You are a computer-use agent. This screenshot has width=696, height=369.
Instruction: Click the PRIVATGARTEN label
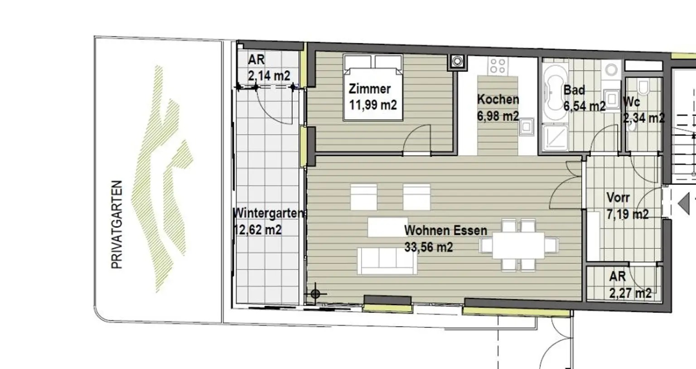pos(117,225)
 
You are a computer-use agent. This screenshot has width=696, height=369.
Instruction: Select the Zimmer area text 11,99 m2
pos(372,105)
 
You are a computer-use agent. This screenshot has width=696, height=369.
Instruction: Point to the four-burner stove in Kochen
pos(497,66)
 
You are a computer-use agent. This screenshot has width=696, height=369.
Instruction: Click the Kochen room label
pos(498,99)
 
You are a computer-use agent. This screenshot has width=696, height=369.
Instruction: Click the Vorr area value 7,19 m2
pos(628,214)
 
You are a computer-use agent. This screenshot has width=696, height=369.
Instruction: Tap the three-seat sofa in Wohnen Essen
pos(387,261)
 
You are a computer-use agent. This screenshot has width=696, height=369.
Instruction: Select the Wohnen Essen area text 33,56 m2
pos(428,247)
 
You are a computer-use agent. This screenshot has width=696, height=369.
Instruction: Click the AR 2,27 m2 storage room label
pos(617,276)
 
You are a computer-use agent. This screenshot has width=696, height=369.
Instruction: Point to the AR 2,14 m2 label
pos(256,59)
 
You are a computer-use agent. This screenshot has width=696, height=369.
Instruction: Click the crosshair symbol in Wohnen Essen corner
pos(315,294)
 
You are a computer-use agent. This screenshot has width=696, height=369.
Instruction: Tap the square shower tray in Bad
pos(554,137)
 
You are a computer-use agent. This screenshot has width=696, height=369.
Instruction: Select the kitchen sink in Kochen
pos(527,127)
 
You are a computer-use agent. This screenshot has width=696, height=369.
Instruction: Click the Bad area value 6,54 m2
pos(584,106)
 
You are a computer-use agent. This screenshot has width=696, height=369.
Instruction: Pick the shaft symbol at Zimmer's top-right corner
pos(457,61)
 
